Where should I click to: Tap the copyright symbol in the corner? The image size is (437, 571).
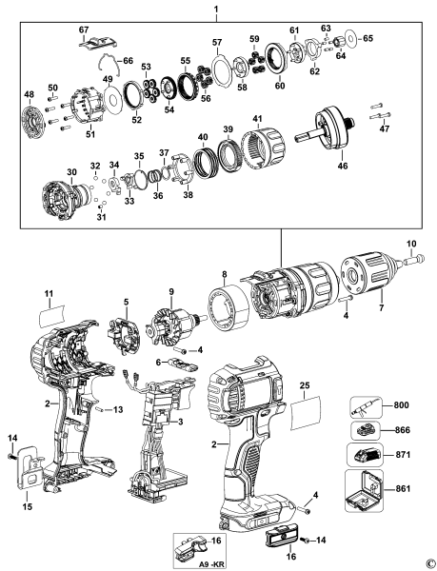click(x=429, y=562)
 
